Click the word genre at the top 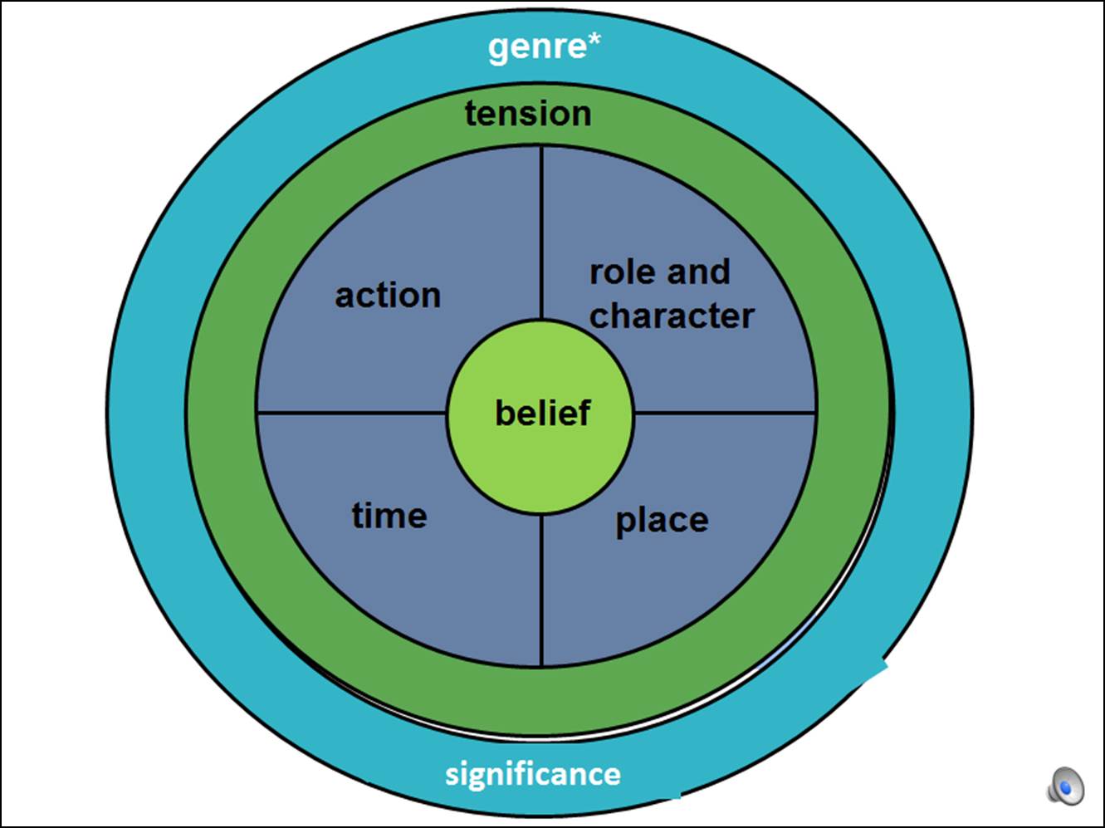537,47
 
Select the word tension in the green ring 528,114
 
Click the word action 388,296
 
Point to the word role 623,272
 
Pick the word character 672,316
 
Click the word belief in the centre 542,413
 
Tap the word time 389,516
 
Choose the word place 662,521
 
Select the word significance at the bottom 533,774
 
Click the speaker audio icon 1065,786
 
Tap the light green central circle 540,465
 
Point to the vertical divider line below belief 541,590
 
